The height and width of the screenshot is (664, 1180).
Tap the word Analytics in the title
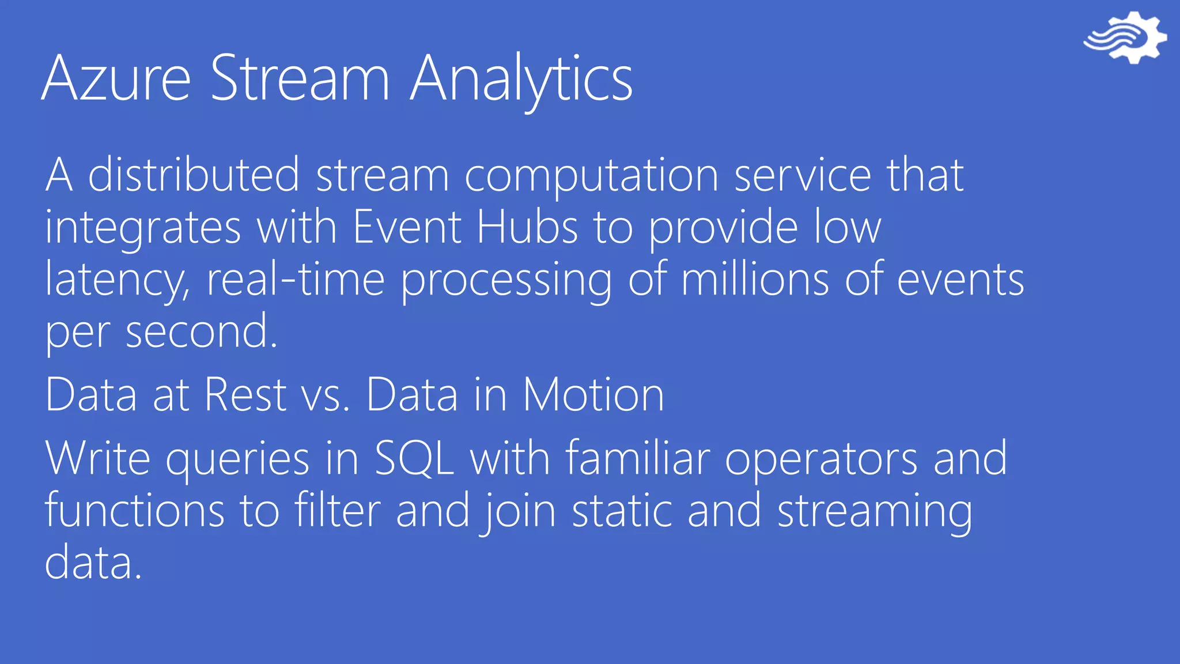(x=521, y=78)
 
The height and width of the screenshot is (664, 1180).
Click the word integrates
(x=143, y=228)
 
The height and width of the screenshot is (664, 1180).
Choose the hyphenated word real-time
(x=296, y=279)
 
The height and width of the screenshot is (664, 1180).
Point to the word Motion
(x=593, y=395)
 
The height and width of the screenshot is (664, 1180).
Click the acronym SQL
(x=414, y=458)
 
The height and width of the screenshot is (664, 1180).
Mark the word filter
(x=338, y=510)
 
